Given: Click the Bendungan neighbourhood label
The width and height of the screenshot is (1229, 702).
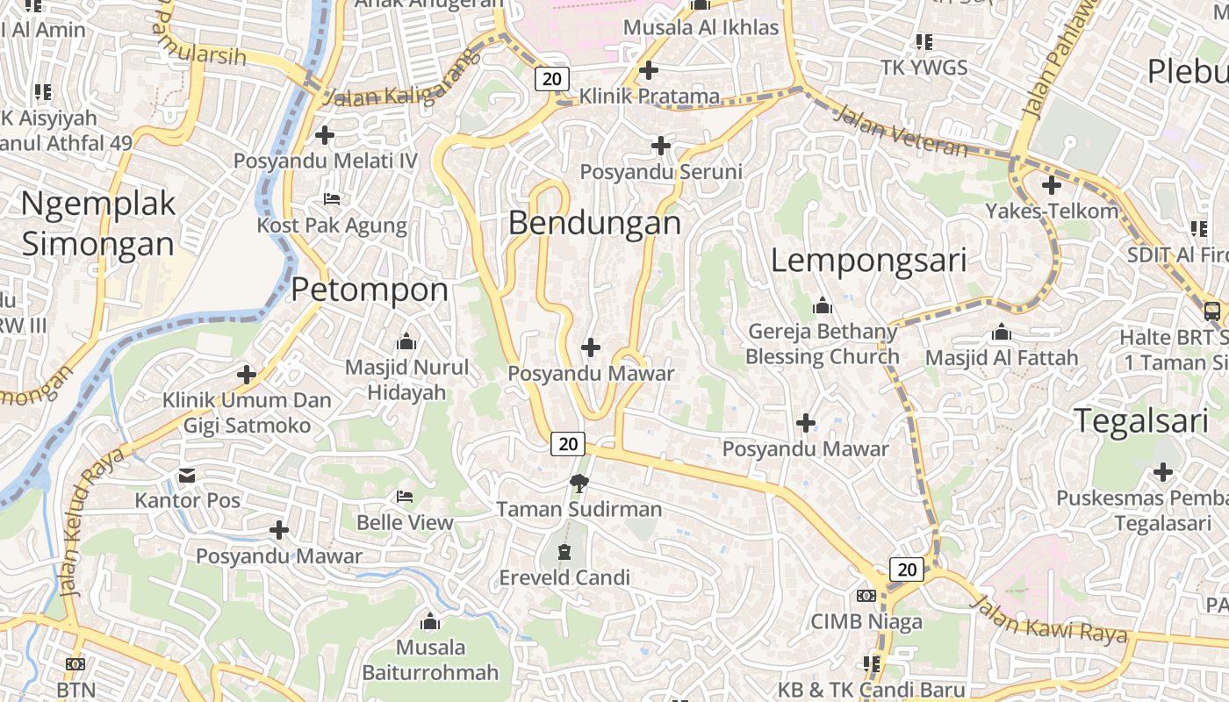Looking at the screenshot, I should pos(594,223).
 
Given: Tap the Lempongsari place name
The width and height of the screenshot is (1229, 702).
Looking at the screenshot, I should pos(868,260).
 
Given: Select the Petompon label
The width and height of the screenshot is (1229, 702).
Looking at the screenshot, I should pos(370,290).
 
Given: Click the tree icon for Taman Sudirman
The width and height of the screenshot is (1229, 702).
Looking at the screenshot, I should pos(579,483).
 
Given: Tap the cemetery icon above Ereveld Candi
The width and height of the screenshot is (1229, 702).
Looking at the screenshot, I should pos(564,552).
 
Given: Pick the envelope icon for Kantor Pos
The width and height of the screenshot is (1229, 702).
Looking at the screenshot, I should pos(187,476).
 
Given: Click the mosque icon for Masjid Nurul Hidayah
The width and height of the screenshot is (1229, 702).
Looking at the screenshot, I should pos(406,341).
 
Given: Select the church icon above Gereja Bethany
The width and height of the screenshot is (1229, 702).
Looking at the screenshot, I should pos(823,306).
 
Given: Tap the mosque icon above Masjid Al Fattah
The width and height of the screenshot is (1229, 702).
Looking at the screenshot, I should pos(1001,333).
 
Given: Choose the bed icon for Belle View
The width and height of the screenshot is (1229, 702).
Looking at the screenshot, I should pos(405,497).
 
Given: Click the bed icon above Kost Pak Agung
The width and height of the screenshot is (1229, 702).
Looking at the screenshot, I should pos(332,199).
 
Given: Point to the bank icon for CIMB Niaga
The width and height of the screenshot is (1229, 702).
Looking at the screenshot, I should pos(866,596).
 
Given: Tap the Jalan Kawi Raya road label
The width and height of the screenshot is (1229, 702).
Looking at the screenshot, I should pos(1049,619).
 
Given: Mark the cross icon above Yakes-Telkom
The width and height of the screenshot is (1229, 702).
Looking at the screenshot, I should pos(1051,185).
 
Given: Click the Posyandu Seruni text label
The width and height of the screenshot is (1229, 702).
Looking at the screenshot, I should pos(661,172).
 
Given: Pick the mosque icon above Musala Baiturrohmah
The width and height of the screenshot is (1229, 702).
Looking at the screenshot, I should pos(430,622).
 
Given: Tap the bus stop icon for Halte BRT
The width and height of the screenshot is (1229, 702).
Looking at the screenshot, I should pos(1211,311).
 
